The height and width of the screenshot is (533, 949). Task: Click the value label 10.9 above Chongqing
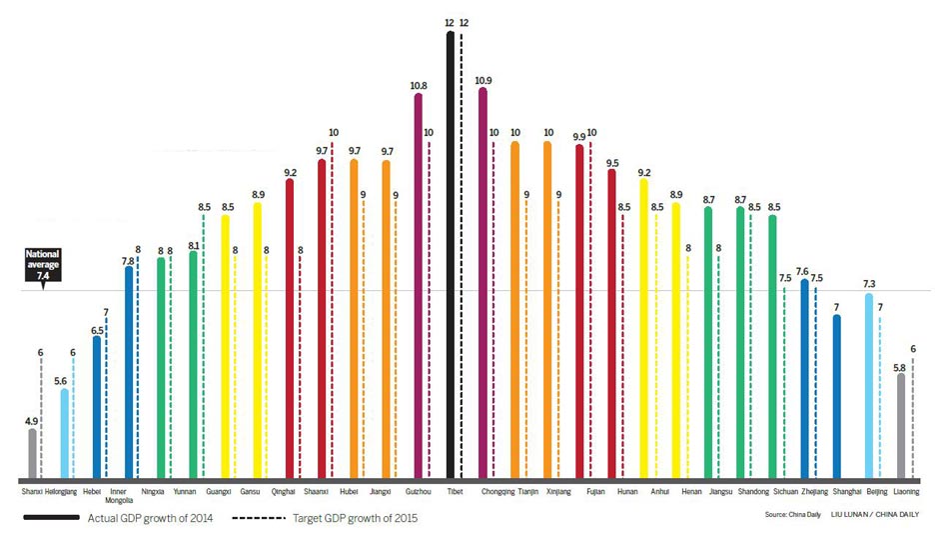(x=484, y=79)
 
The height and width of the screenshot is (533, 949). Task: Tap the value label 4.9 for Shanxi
(x=31, y=420)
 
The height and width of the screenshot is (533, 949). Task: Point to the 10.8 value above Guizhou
(x=418, y=85)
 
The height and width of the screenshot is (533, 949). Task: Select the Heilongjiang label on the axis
(x=62, y=492)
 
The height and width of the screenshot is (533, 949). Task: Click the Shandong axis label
(x=753, y=492)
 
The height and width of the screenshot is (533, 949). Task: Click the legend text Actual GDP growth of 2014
(x=151, y=518)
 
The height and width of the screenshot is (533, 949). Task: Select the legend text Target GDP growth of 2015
(x=355, y=518)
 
